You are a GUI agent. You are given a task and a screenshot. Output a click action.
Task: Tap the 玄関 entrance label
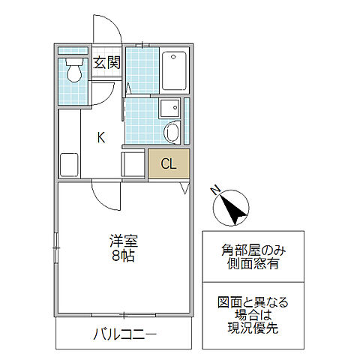point(106,63)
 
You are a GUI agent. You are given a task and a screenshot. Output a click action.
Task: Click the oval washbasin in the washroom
point(171,134)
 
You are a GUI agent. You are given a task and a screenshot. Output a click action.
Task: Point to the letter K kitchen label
point(100,136)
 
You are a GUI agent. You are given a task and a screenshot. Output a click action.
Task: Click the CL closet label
point(168,164)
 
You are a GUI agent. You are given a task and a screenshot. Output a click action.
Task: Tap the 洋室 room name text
point(124,241)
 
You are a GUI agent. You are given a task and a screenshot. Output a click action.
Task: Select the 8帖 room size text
point(124,256)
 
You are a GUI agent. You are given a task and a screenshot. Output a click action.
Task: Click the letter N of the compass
point(215,190)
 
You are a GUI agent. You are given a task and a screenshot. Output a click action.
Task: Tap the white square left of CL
point(134,163)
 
